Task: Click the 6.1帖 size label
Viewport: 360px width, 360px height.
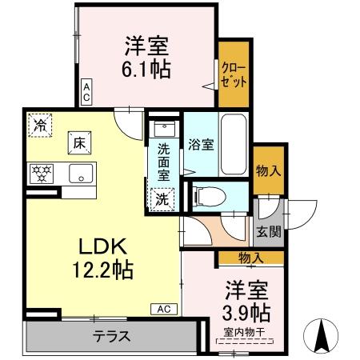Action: (146, 69)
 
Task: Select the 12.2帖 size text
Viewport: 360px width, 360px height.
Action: (99, 269)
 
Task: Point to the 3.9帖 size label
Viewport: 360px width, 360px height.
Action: (246, 310)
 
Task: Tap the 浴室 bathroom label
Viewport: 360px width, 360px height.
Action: (200, 145)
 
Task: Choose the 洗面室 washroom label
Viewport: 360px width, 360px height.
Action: (163, 159)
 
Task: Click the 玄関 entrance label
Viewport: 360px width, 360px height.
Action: (269, 233)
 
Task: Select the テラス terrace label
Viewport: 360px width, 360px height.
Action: (112, 337)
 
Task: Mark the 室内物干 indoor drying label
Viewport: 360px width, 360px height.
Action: (246, 330)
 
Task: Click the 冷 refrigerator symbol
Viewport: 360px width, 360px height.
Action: (40, 123)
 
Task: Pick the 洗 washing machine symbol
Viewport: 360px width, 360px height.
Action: (162, 198)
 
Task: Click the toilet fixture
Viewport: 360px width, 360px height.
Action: (210, 195)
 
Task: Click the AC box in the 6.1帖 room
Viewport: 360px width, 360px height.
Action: (86, 90)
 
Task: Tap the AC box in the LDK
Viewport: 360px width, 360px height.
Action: (163, 308)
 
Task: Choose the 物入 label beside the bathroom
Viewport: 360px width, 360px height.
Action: (268, 170)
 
